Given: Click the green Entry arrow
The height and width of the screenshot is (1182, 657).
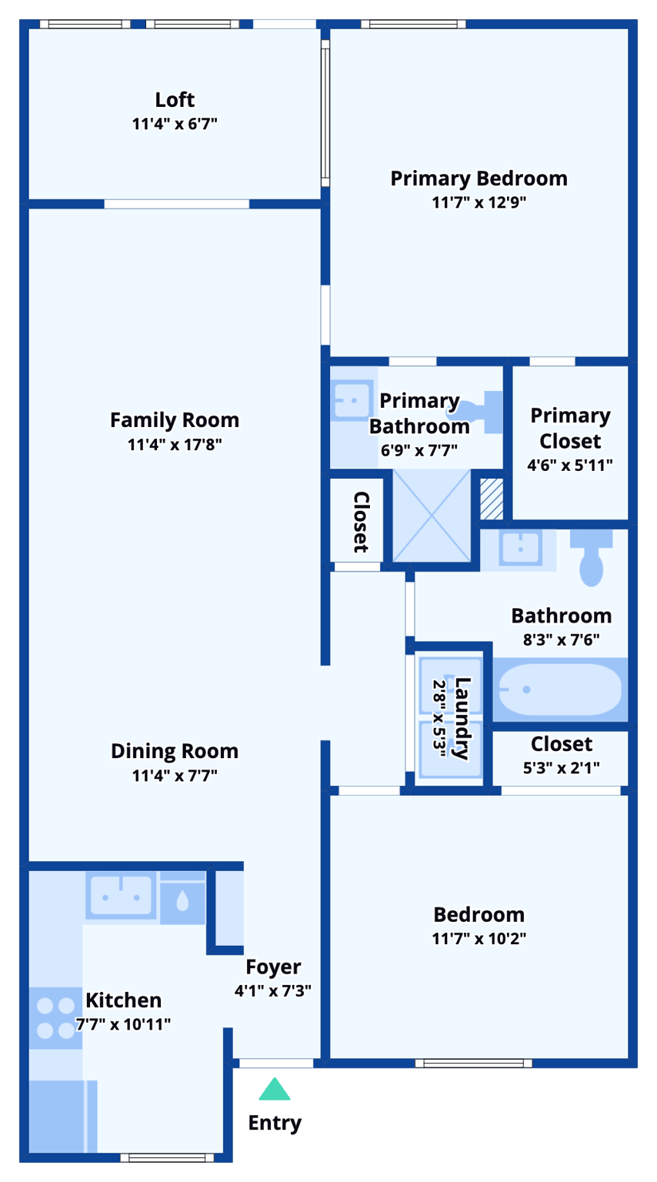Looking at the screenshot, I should (274, 1090).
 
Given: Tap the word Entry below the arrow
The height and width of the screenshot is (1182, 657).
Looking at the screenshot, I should (275, 1123).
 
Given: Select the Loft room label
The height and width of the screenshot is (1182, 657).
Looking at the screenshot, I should (175, 100).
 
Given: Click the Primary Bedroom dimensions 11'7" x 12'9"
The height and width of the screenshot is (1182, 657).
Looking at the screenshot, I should (479, 202).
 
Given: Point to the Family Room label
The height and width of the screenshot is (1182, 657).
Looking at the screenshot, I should (175, 420).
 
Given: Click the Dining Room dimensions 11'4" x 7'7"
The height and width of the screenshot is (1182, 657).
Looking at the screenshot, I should (175, 775).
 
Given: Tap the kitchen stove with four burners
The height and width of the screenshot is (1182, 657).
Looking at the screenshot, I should (55, 1017).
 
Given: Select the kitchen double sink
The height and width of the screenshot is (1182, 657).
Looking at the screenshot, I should (121, 896).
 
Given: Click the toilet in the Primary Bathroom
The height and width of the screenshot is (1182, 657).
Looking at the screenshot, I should (486, 411).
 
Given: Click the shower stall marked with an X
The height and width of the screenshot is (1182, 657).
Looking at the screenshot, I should (432, 516).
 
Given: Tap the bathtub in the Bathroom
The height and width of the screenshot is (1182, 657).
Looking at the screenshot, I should (559, 689).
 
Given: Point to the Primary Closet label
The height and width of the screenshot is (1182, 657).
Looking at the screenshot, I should (570, 428).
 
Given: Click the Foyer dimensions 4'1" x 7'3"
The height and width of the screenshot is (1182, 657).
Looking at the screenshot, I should (272, 990).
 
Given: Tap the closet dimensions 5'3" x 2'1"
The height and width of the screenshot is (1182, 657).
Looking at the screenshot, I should (561, 766).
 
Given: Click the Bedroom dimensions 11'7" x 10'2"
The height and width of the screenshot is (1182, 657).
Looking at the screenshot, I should (479, 938).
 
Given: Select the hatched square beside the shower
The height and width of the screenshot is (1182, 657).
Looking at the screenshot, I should (492, 499).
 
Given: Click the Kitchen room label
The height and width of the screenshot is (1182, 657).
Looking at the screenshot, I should (123, 1000).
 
